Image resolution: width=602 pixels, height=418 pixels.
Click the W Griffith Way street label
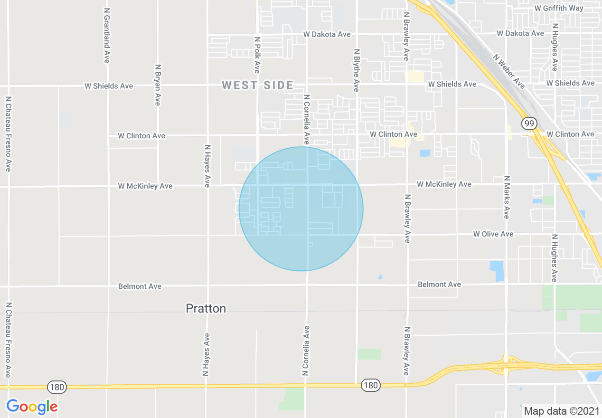(x=559, y=8)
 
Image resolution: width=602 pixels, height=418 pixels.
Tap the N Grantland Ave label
(x=106, y=35)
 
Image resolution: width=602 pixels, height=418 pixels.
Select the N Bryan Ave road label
(x=158, y=85)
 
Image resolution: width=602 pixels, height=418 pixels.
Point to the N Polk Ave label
(x=257, y=55)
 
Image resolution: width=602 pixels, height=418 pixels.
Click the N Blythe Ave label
(x=356, y=70)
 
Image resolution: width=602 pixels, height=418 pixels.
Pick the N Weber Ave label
(x=509, y=71)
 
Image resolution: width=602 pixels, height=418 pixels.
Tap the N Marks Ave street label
(x=507, y=197)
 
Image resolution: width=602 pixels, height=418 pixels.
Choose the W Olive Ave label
(x=493, y=234)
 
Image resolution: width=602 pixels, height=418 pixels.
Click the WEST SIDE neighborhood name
(x=258, y=85)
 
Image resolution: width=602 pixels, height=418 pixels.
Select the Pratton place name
(x=206, y=309)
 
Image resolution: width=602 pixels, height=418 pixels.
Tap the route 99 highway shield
(x=529, y=124)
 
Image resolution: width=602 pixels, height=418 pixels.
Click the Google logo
(x=32, y=407)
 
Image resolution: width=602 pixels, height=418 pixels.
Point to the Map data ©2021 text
(x=562, y=411)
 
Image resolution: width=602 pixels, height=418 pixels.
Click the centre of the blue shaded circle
(x=301, y=209)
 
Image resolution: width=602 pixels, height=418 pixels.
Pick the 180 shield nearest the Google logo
(x=56, y=387)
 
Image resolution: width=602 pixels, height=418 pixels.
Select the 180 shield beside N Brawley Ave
(x=370, y=385)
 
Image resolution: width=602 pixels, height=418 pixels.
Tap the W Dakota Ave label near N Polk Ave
(x=327, y=34)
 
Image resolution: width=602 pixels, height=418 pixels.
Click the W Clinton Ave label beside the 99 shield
(x=570, y=134)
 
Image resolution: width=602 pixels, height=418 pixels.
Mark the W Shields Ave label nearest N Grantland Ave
(x=109, y=86)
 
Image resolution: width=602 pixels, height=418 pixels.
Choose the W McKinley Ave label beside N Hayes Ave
(x=145, y=186)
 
